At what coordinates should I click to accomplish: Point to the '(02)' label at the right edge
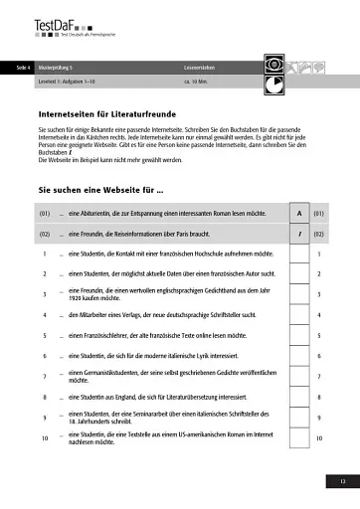coord(319,235)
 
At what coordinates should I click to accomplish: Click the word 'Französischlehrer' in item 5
coord(103,336)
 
